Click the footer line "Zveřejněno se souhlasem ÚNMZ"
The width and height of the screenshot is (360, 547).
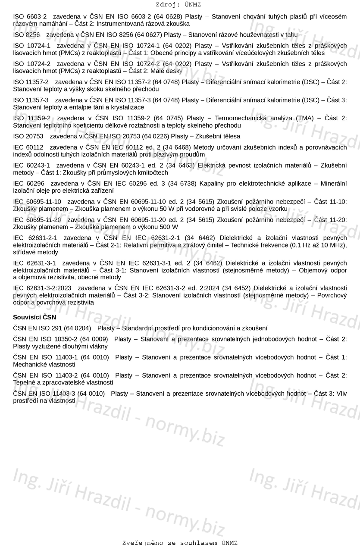click(x=180, y=543)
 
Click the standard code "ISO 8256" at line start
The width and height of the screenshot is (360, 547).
click(x=27, y=34)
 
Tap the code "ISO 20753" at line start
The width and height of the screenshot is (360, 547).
click(x=28, y=136)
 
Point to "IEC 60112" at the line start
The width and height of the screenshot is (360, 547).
click(x=28, y=147)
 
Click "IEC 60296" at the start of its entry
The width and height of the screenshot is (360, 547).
click(x=29, y=184)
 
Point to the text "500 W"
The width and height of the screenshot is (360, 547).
click(x=169, y=227)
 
